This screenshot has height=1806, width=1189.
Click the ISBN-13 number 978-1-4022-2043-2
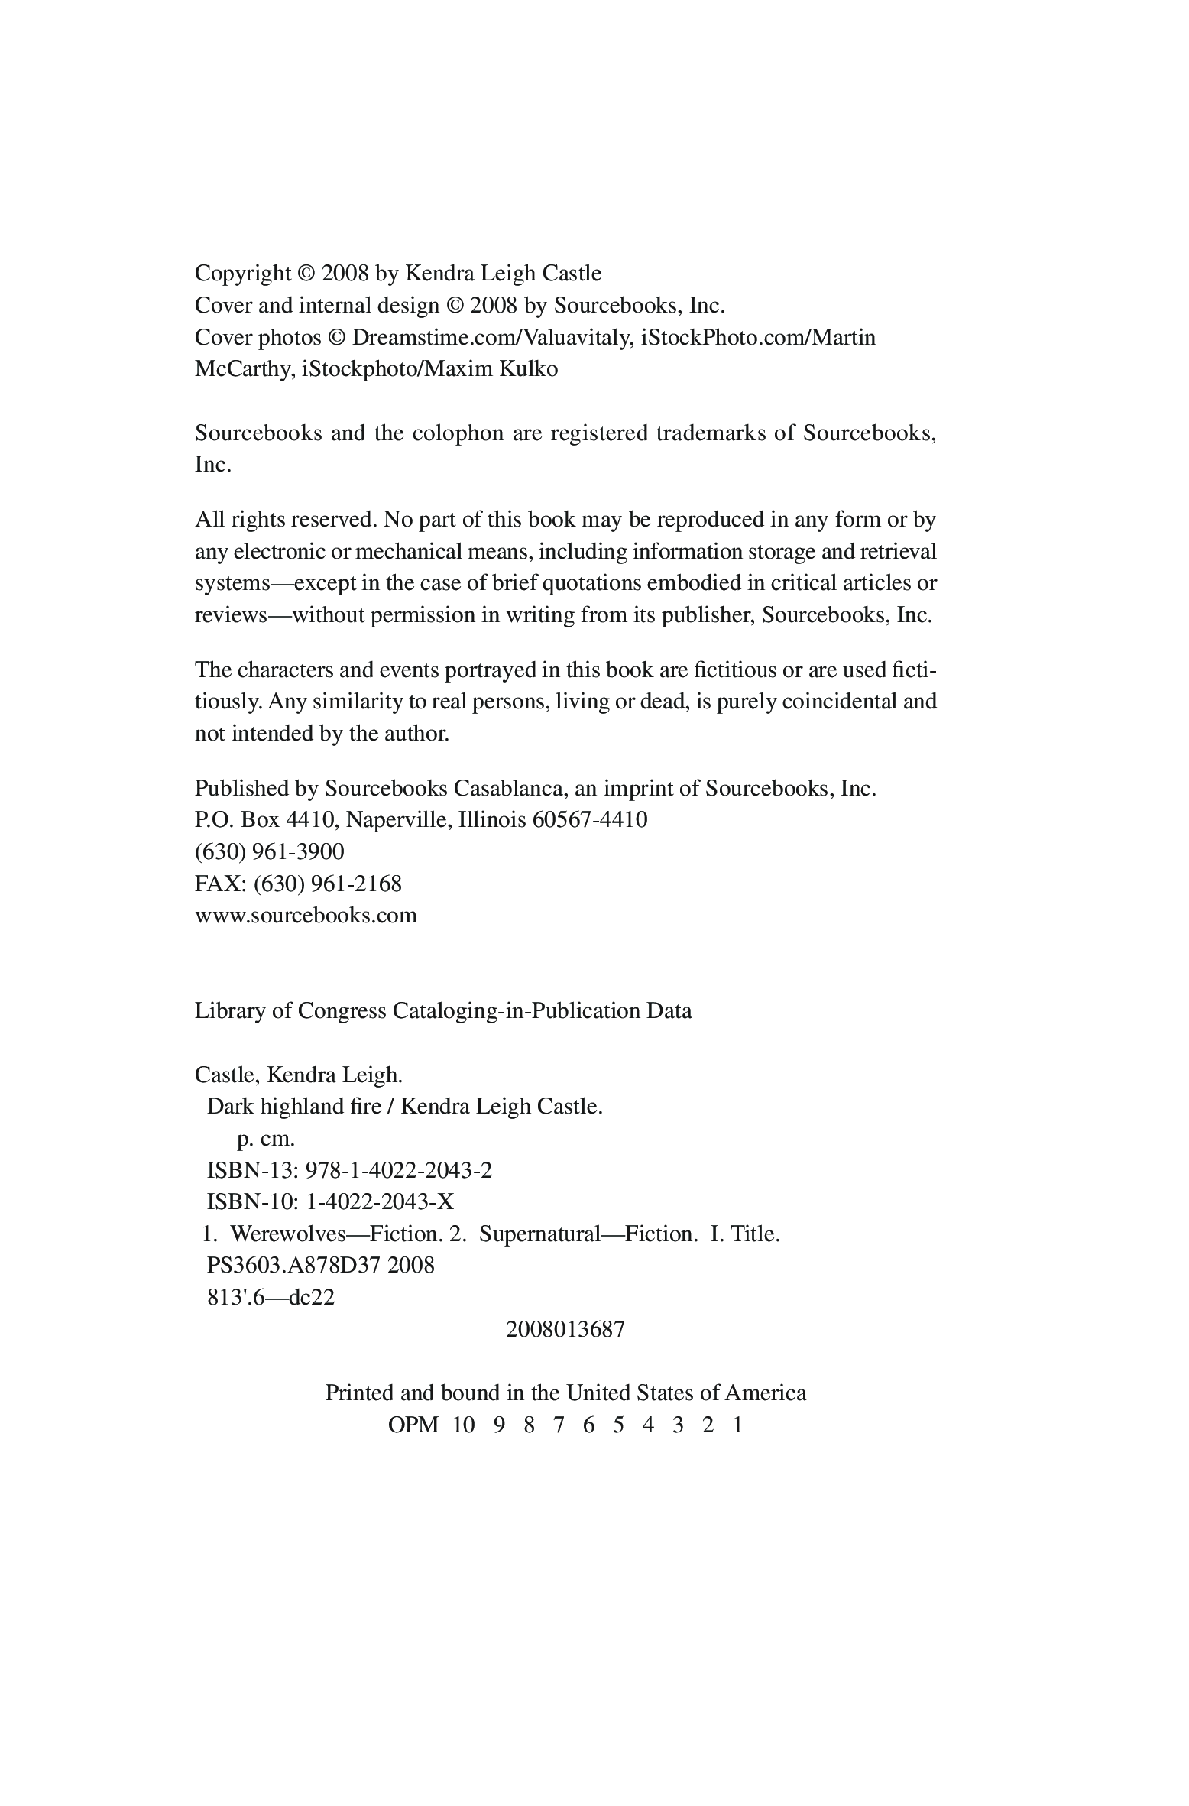[x=398, y=1170]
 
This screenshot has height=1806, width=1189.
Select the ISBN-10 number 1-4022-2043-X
[x=380, y=1202]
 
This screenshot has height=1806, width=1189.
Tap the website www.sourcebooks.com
[x=306, y=916]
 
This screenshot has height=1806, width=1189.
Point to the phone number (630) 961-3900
[x=270, y=851]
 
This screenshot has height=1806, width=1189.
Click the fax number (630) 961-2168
[x=327, y=884]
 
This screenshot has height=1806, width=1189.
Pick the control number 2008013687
[x=565, y=1329]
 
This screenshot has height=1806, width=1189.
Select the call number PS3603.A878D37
[x=294, y=1265]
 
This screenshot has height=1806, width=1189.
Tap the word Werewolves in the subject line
[x=284, y=1234]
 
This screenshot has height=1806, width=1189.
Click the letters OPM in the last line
[x=413, y=1425]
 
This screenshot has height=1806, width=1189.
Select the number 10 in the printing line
[x=464, y=1425]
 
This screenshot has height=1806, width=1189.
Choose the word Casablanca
[x=504, y=788]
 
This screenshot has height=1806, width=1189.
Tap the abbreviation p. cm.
[x=265, y=1138]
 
